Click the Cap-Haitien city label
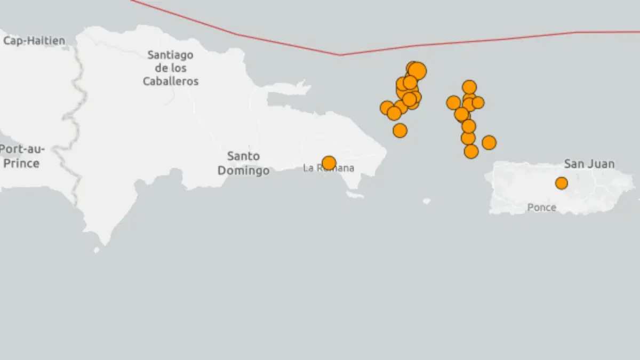click(34, 41)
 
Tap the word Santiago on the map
click(170, 55)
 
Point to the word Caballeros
click(171, 82)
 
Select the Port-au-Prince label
click(21, 156)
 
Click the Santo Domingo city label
click(243, 163)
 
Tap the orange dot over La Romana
click(329, 163)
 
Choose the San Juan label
click(589, 164)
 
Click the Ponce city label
click(541, 207)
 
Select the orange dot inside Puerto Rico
click(561, 183)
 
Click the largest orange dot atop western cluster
click(417, 70)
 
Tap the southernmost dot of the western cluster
click(399, 130)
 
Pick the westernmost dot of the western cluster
click(387, 108)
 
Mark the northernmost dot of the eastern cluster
click(469, 87)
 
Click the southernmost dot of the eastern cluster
click(471, 151)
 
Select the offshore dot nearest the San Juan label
click(489, 142)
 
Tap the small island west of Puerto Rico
click(426, 201)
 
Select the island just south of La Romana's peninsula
click(355, 195)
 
